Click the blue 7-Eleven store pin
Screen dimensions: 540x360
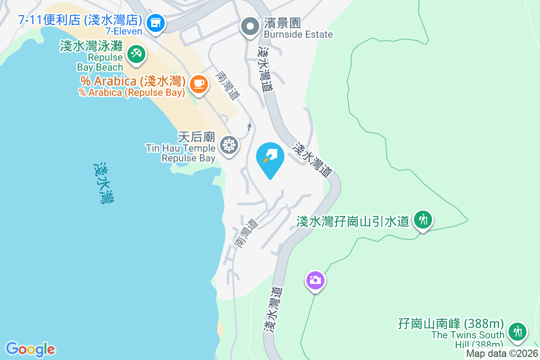[x=156, y=22]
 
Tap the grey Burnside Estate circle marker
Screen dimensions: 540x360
[x=250, y=27]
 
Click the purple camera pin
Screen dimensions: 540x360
[x=315, y=280]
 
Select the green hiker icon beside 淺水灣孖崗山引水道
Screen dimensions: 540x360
[x=423, y=220]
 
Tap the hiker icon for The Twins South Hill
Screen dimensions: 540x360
[x=518, y=332]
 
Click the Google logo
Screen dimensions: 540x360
[x=30, y=349]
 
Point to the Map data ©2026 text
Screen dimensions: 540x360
[x=502, y=354]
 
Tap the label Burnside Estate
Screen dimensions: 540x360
[x=298, y=34]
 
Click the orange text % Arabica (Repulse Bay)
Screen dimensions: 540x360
[x=132, y=93]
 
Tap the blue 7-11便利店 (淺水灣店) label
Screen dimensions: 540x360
[x=80, y=20]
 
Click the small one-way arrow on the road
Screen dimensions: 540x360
[x=249, y=126]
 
